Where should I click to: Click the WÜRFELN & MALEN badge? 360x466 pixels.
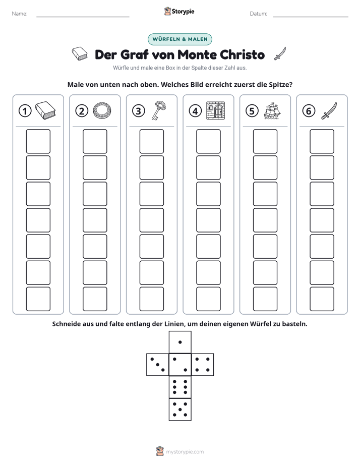pos(179,39)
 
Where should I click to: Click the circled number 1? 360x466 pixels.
pos(25,111)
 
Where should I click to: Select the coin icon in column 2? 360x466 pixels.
pos(102,111)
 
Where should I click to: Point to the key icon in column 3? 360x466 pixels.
pos(159,110)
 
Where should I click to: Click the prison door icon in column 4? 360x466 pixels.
pos(216,110)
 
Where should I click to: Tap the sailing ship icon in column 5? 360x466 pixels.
pos(272,111)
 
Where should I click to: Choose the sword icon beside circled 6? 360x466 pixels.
pos(329,111)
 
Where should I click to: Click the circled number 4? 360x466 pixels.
pos(195,111)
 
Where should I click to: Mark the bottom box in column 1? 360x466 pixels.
pos(38,299)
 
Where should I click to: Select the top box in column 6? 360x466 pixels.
pos(322,141)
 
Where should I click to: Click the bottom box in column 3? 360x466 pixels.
pos(152,299)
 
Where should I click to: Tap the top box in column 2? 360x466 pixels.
pos(95,141)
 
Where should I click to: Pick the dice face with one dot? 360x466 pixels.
pos(180,342)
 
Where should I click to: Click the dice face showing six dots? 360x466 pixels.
pos(180,387)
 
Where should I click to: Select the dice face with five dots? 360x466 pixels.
pos(180,410)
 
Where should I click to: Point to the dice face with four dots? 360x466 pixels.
pos(203,365)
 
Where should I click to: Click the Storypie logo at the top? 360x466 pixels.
pos(179,11)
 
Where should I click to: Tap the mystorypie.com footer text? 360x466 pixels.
pos(185,452)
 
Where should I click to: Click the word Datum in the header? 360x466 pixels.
pos(258,14)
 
